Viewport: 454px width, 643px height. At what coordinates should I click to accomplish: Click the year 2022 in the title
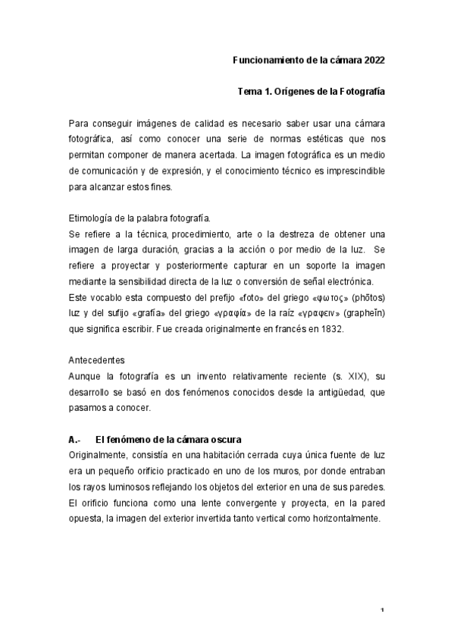(375, 60)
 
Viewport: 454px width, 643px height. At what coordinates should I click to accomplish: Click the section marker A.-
(74, 440)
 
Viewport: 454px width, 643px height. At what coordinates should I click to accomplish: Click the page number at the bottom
(383, 611)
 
